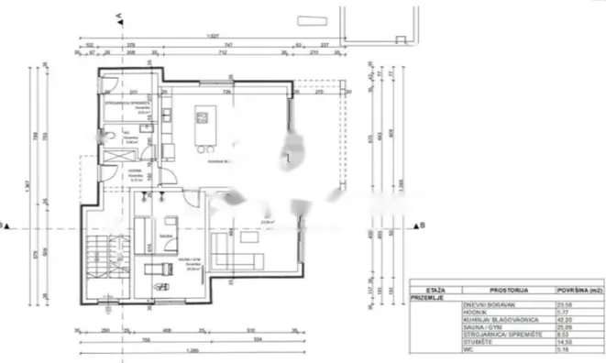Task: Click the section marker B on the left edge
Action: (5, 225)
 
